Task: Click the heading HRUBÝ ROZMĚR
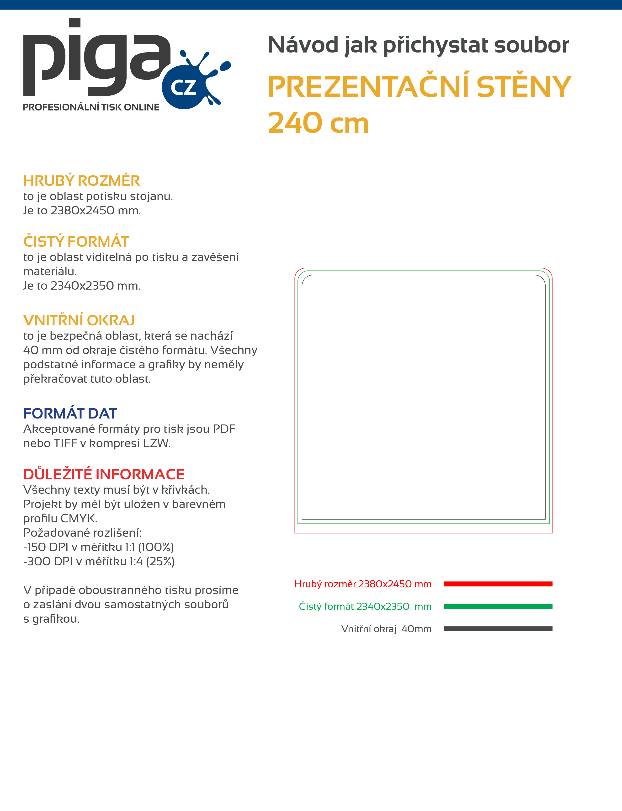click(x=81, y=181)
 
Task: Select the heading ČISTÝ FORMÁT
click(x=76, y=241)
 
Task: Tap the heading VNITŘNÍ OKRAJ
click(x=79, y=320)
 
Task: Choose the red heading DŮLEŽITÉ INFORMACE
click(x=104, y=474)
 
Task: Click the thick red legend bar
click(x=498, y=584)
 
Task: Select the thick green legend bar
click(x=498, y=606)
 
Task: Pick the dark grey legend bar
click(x=498, y=629)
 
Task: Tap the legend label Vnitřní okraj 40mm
click(x=386, y=629)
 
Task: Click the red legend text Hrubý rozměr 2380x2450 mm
click(x=363, y=584)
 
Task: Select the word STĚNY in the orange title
click(x=524, y=87)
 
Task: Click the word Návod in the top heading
click(x=303, y=45)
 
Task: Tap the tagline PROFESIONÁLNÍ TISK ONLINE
click(x=91, y=107)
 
